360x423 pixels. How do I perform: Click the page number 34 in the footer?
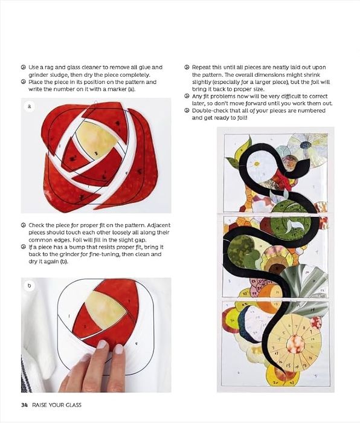click(x=24, y=405)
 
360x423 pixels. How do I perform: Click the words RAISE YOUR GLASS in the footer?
click(x=57, y=405)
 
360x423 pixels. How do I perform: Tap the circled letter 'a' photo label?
click(x=30, y=106)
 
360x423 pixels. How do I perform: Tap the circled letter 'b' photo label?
click(x=30, y=285)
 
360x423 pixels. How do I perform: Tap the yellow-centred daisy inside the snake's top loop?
click(x=257, y=164)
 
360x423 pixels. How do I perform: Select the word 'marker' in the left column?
click(x=117, y=89)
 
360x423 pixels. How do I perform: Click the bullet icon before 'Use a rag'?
click(x=24, y=67)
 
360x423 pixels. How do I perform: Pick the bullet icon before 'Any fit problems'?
click(x=187, y=96)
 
